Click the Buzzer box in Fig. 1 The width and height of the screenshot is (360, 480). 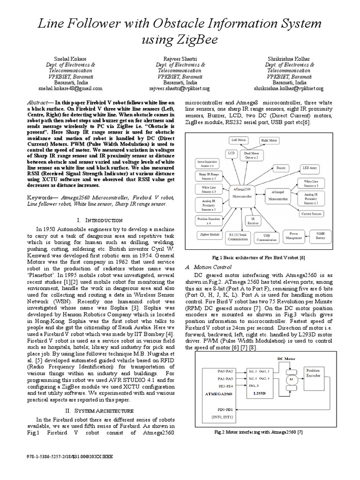pos(281,167)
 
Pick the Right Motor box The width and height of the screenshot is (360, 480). pos(269,140)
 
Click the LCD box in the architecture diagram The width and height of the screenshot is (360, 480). pos(231,153)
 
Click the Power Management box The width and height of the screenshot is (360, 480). pos(293,234)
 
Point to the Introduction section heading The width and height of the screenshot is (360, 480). pos(99,220)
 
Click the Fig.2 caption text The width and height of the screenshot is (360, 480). pos(258,431)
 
